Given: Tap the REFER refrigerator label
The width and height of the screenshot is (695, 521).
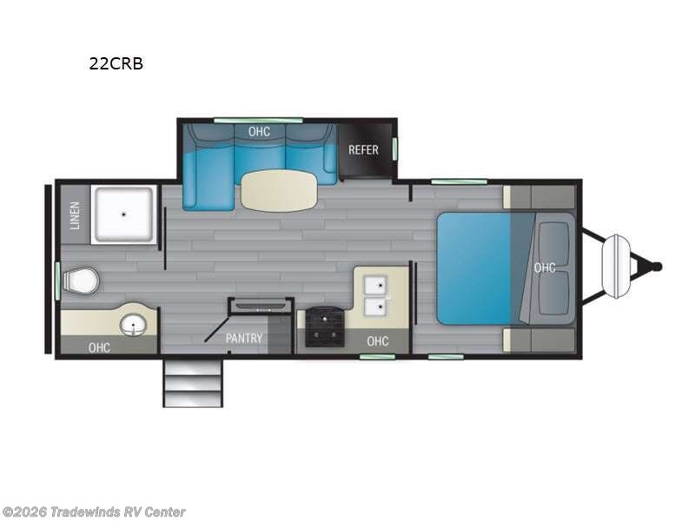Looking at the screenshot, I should coord(363,149).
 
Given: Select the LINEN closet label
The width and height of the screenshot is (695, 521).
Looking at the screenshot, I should coord(74,214).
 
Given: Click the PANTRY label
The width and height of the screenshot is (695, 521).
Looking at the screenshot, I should coord(244,339).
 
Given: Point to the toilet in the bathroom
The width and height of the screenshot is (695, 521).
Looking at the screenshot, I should coord(83,280).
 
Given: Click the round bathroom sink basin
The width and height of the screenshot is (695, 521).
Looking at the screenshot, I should coord(133,326).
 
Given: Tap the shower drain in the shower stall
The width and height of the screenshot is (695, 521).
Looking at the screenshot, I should coord(124,213).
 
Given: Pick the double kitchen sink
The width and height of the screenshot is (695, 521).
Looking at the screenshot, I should coord(376,296).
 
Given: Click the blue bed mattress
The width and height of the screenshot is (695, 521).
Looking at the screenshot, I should coord(475,267).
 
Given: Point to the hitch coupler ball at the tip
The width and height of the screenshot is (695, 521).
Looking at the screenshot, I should coord(657,267).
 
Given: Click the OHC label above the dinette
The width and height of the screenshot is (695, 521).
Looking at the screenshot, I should coord(259,132).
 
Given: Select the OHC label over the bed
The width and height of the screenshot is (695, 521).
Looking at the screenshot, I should coord(545,267).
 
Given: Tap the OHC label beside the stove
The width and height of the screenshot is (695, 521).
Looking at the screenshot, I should coord(378,340).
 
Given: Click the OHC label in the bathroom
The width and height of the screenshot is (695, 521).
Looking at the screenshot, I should coord(99,347).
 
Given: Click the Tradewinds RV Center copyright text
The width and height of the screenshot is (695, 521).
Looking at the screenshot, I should coord(94,512).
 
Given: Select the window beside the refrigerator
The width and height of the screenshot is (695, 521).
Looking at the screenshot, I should coord(395,148).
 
